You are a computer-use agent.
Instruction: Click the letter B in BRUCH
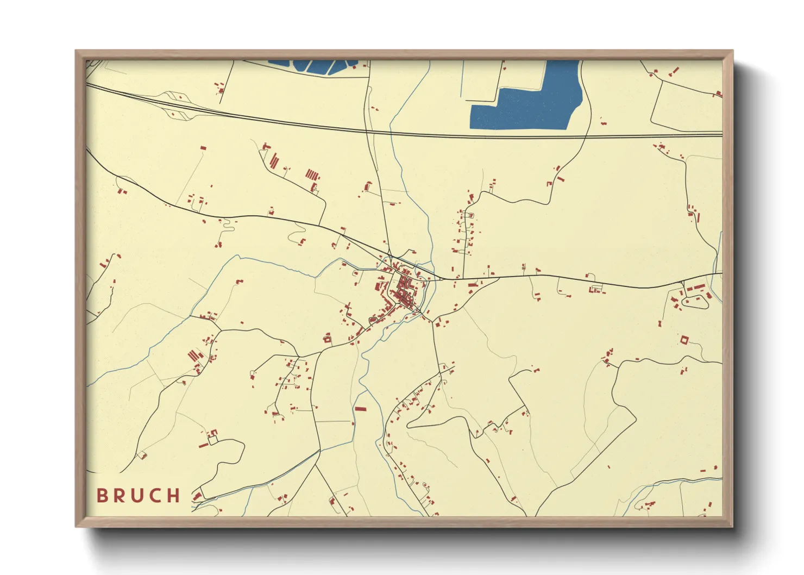point(102,496)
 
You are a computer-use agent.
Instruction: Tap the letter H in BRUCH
point(173,496)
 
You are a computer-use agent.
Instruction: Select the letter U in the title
point(136,496)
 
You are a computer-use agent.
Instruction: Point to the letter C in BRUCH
point(155,496)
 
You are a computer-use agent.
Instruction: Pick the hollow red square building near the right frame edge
point(684,340)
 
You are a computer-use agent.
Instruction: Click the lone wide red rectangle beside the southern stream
point(360,409)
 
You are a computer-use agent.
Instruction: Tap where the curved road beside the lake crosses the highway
point(587,136)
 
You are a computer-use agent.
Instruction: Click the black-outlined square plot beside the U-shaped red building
point(213,440)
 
